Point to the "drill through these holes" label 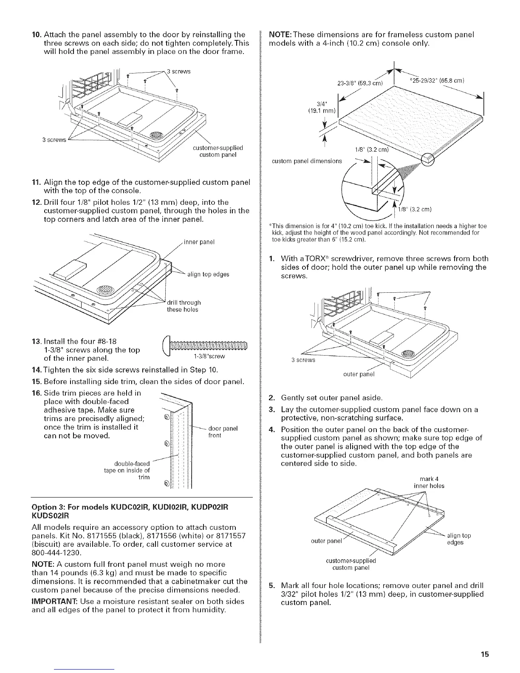[x=184, y=306]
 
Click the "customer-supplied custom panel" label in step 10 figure [x=218, y=151]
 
